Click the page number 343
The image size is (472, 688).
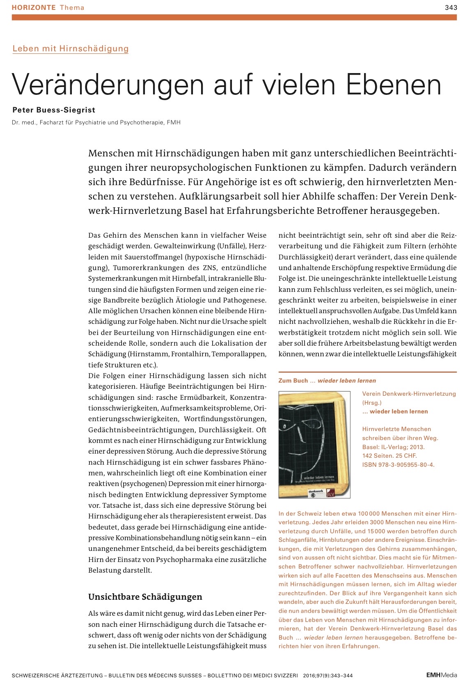451,7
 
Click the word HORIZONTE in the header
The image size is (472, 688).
34,7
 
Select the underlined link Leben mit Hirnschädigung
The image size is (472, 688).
71,48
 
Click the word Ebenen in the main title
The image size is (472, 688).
394,85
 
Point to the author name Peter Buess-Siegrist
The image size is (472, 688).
54,110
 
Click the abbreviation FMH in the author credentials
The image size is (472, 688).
174,122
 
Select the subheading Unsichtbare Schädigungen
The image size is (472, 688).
145,597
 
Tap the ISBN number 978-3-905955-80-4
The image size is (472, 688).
406,465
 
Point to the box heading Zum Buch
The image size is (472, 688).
293,381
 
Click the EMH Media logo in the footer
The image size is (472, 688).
441,675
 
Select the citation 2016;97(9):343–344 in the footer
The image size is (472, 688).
328,676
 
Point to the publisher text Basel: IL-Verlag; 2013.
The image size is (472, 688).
393,447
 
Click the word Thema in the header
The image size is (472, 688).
72,7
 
